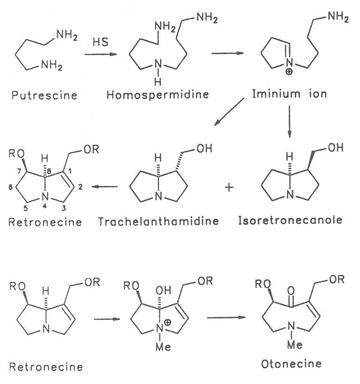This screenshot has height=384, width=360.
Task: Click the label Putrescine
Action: coord(45,96)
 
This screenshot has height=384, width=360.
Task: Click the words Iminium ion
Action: coord(289,93)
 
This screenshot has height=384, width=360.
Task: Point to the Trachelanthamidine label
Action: coord(158,221)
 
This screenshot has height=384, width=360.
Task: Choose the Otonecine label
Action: coord(299,363)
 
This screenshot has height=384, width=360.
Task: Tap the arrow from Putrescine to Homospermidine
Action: coord(101,55)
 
